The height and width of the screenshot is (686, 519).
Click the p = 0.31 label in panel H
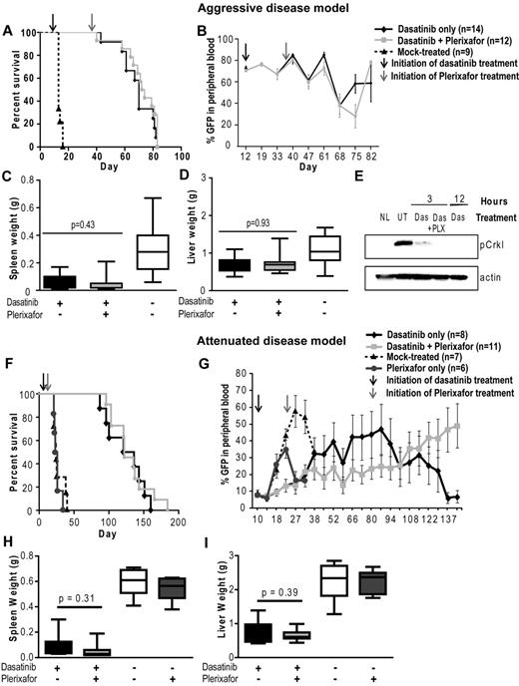coord(88,572)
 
